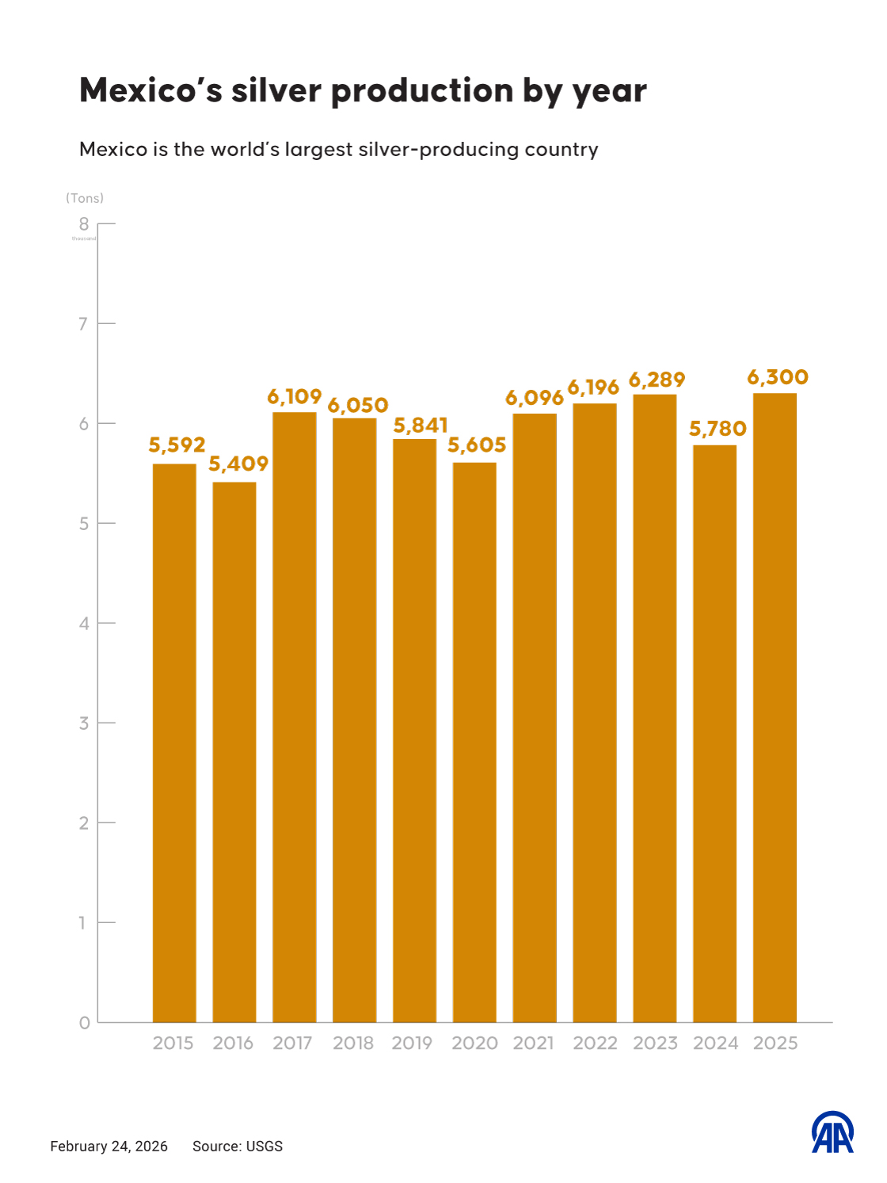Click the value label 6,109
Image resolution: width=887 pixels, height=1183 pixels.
click(294, 396)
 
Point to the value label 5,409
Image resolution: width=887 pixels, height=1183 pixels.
click(238, 464)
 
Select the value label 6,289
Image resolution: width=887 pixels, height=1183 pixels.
click(657, 380)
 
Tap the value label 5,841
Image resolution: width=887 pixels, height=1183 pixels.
click(421, 425)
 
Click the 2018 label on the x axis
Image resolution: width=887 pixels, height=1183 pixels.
click(353, 1043)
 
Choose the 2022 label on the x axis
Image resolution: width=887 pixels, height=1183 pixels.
click(595, 1043)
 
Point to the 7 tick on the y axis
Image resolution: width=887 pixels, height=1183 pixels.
click(83, 323)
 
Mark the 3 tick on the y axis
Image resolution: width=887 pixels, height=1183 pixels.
click(83, 723)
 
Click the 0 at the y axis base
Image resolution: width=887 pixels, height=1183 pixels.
click(84, 1023)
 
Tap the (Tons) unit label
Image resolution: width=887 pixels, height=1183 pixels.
click(85, 198)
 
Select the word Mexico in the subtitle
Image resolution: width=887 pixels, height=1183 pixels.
click(113, 149)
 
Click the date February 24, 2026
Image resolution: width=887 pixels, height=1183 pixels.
click(109, 1146)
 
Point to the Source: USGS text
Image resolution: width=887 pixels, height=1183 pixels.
click(238, 1146)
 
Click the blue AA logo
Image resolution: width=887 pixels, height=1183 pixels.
click(832, 1132)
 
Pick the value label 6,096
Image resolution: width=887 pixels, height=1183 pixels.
click(534, 398)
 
